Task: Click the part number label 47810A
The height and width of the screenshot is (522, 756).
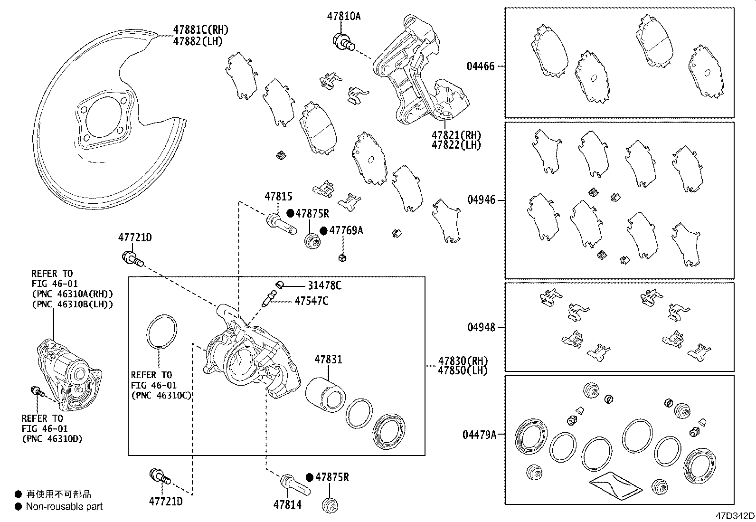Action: point(343,16)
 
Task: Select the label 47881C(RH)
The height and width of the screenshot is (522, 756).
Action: point(200,30)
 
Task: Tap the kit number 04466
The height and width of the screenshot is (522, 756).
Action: point(480,66)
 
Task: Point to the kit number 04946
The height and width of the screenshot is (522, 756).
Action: point(481,200)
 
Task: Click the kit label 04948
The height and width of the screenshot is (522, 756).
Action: point(481,327)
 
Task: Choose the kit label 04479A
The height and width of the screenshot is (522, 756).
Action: point(479,434)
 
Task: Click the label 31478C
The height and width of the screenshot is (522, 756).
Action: point(324,285)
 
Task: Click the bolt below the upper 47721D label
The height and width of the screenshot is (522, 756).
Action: point(132,258)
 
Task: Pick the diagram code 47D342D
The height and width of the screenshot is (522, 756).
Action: point(736,516)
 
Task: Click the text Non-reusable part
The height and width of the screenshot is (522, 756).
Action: point(64,507)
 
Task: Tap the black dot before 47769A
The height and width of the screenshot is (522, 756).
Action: point(323,231)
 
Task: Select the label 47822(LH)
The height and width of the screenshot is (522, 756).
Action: point(456,145)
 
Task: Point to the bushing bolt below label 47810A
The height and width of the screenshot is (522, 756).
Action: point(344,41)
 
